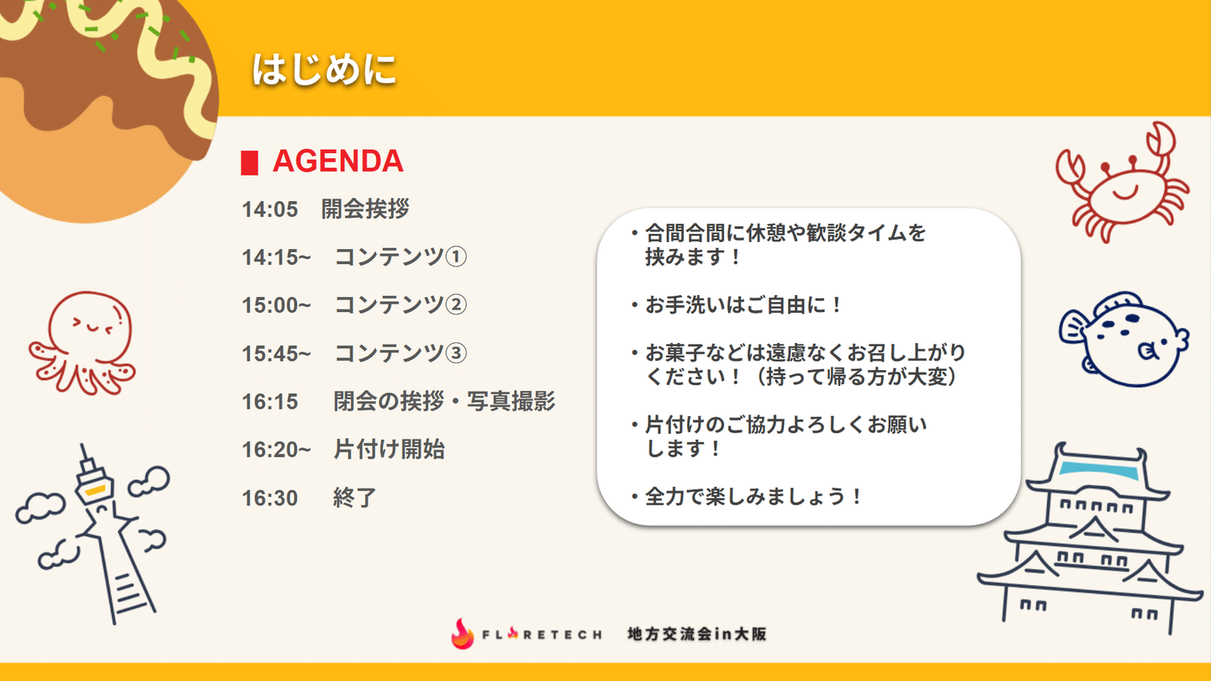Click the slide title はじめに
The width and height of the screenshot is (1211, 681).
(x=325, y=69)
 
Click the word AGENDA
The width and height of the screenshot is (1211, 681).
(x=338, y=161)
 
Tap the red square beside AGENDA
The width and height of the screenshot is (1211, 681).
(x=249, y=163)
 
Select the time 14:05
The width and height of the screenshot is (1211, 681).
(x=270, y=209)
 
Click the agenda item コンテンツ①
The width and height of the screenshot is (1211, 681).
(x=400, y=256)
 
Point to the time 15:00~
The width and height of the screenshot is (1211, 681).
(x=276, y=305)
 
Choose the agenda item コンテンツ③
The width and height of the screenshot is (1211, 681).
(x=400, y=353)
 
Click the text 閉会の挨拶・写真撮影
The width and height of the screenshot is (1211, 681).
(x=444, y=401)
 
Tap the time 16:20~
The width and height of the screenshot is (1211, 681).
(x=276, y=450)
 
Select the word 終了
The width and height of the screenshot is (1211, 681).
(x=355, y=498)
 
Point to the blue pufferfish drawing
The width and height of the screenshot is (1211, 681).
(x=1124, y=340)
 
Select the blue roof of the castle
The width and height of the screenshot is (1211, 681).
(x=1100, y=470)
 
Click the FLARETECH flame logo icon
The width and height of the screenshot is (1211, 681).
(x=463, y=633)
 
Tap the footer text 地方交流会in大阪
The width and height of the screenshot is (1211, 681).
(x=697, y=634)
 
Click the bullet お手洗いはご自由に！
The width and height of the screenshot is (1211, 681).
(x=737, y=305)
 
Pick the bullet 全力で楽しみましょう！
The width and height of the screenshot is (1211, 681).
(x=746, y=497)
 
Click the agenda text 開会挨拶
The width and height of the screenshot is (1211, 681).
(x=366, y=209)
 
